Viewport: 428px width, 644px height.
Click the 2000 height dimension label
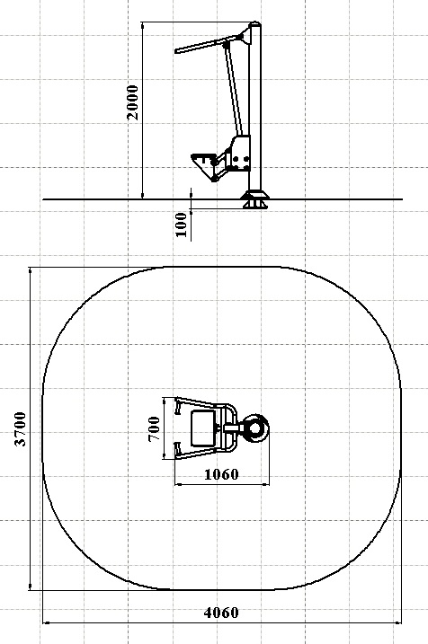point(133,102)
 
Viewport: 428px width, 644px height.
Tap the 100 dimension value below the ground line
point(181,225)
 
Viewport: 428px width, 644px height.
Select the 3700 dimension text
point(20,428)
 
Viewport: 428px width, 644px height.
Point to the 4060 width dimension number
point(221,613)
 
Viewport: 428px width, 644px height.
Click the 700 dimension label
point(154,428)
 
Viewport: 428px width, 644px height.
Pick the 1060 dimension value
point(221,474)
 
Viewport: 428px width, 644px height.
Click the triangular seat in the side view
point(203,163)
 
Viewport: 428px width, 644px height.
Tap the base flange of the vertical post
point(254,199)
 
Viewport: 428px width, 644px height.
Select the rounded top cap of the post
point(254,23)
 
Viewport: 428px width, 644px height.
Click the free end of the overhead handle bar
point(176,51)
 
